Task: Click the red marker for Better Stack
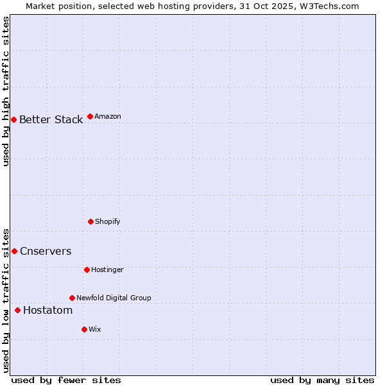13,119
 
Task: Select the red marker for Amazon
90,116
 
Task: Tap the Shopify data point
90,221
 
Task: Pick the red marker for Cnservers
14,251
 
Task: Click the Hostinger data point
87,269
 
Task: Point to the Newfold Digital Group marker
72,298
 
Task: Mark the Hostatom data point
17,310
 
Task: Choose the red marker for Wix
84,329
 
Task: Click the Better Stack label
51,119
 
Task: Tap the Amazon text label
108,116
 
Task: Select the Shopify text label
108,221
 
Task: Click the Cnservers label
46,251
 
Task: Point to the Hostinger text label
107,269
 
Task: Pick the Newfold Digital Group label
114,298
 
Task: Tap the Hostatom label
47,310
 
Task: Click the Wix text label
95,329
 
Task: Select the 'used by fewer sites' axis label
65,380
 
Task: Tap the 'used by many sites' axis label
322,380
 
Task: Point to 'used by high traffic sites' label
6,91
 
